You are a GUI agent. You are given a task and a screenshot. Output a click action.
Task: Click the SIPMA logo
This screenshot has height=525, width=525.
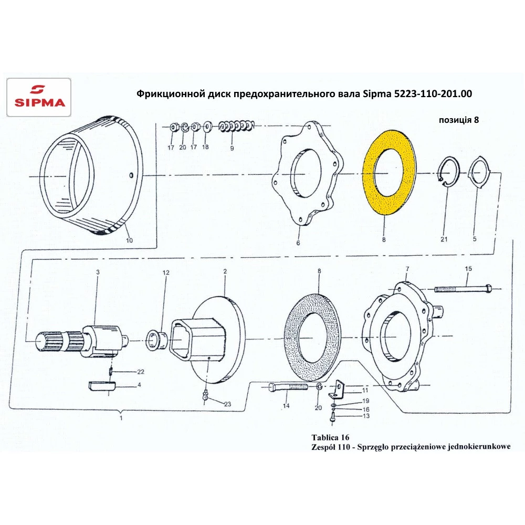(38, 97)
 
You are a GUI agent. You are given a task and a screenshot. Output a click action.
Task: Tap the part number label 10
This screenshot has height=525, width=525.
(129, 240)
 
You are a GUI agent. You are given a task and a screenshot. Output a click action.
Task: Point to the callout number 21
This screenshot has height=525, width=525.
(444, 240)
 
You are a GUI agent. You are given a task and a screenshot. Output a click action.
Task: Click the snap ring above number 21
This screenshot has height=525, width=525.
(449, 171)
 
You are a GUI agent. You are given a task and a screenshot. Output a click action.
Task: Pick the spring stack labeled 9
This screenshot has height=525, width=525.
(237, 126)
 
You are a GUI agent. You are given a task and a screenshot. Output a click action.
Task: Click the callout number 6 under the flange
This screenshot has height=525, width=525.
(298, 244)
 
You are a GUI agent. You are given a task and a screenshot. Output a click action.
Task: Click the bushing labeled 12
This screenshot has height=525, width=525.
(154, 339)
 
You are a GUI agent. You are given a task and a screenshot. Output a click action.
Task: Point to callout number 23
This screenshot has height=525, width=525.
(227, 404)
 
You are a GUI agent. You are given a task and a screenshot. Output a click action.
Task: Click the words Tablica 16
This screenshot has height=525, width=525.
(330, 437)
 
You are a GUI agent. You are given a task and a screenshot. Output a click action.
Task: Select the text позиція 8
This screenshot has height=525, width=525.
(458, 120)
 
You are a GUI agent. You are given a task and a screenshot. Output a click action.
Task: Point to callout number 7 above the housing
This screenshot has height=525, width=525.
(406, 269)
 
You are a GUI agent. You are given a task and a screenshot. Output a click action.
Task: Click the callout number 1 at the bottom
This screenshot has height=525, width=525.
(121, 418)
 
